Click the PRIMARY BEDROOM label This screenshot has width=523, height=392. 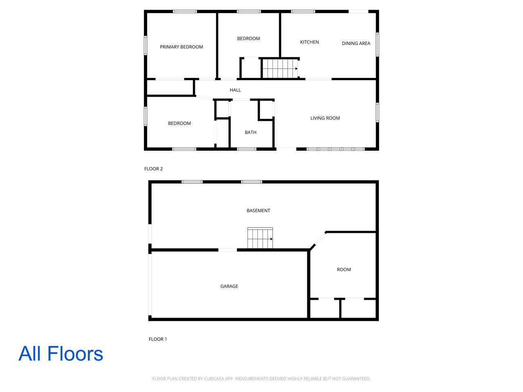pos(181,47)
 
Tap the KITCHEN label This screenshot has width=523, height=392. pos(309,42)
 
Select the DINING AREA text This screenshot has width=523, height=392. pos(356,43)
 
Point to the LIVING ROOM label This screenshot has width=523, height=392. pos(325,118)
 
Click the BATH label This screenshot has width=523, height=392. pos(250,132)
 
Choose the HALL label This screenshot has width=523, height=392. pos(235,90)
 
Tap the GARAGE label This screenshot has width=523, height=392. pos(229,286)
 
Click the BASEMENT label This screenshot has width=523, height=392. pos(258,211)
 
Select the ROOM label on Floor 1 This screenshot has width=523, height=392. pos(344,269)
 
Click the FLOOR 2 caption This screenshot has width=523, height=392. pos(154,169)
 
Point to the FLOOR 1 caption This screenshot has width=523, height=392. pos(158,339)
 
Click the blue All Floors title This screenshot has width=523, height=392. pos(61,354)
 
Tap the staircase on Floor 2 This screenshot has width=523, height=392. pos(280,69)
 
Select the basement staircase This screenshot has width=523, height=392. pos(260,238)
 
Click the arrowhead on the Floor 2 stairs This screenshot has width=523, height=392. pos(296,69)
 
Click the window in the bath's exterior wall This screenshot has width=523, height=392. pos(247,149)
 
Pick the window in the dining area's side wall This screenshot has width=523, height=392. pos(378,45)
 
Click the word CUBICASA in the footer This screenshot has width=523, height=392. pos(213,379)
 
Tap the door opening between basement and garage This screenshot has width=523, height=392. pos(228,250)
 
